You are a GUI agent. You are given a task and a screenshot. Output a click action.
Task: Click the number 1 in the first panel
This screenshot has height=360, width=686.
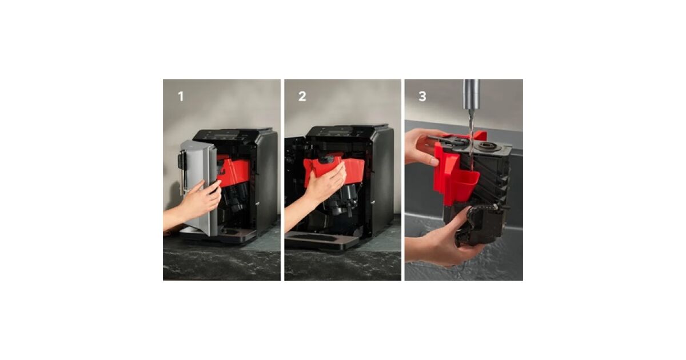tap(181, 97)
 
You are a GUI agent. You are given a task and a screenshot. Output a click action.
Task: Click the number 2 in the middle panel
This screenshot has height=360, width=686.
tap(302, 97)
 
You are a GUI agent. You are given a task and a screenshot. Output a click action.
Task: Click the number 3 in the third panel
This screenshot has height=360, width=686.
tap(422, 97)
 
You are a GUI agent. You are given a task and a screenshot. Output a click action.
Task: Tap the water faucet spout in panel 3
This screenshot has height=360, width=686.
tap(470, 94)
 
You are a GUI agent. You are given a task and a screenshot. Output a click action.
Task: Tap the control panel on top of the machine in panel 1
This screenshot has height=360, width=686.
tap(226, 135)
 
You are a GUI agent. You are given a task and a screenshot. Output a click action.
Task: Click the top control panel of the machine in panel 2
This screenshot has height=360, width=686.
tap(341, 132)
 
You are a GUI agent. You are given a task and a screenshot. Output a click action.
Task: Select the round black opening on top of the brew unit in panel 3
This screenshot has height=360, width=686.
tap(487, 146)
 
